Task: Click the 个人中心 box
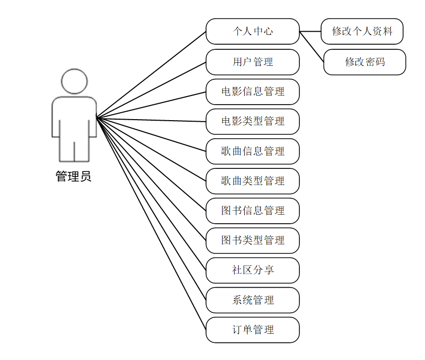253,32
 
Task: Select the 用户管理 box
253,62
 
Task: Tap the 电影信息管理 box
253,92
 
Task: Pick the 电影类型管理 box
253,122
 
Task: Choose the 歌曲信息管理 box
253,151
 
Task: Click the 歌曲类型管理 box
253,181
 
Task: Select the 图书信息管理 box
253,211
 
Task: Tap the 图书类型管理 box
253,241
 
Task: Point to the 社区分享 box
253,271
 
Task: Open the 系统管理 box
253,300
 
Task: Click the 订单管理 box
253,330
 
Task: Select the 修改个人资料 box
362,32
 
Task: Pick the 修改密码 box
365,62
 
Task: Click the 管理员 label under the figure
73,176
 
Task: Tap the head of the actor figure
74,81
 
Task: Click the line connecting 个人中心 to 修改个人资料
310,32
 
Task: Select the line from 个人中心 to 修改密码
311,47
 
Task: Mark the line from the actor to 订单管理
151,224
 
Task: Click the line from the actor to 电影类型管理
151,120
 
